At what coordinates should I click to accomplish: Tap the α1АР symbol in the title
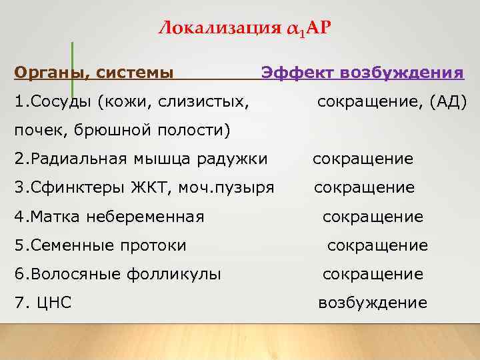[309, 28]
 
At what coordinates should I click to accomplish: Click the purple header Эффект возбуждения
[363, 72]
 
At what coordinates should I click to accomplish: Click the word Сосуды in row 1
[61, 102]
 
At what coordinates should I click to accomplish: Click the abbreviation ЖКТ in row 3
[155, 188]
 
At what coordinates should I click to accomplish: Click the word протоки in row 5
[156, 245]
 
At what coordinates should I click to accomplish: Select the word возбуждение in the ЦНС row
[373, 303]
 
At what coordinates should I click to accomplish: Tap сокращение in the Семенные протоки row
[377, 245]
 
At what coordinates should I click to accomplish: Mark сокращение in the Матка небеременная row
[373, 217]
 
